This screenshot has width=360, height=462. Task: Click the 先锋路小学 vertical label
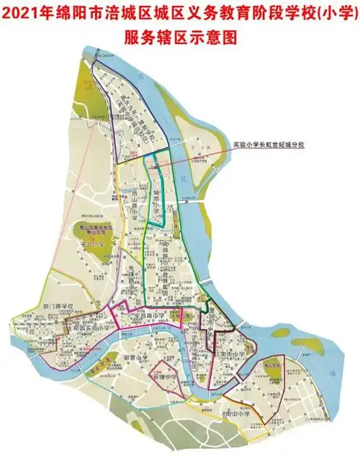point(132,277)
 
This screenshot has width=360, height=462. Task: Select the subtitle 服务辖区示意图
point(180,37)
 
